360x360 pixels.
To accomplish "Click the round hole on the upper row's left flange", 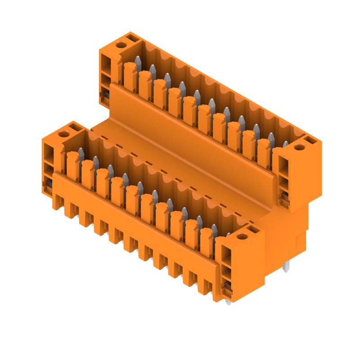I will pos(121,45).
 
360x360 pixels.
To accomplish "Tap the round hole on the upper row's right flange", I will pos(297,147).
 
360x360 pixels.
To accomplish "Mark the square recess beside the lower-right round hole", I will pos(254,231).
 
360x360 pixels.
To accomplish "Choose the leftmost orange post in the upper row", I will pos(130,76).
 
